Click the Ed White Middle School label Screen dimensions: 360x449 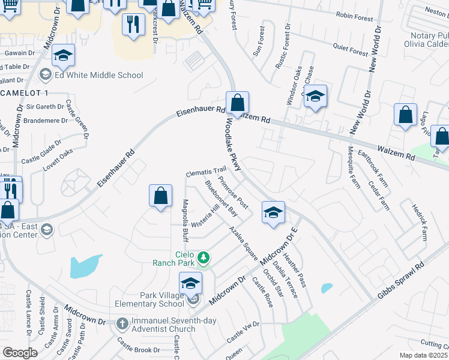coord(99,75)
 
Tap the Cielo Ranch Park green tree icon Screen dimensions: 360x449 coord(204,257)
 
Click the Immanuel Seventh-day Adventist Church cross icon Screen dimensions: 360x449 coord(122,323)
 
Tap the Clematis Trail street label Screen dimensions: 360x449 coord(205,172)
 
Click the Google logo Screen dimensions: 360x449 coord(20,352)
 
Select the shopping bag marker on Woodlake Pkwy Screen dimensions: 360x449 coord(237,103)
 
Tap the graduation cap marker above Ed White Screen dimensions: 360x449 coord(63,56)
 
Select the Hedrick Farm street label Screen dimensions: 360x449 coord(418,222)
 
